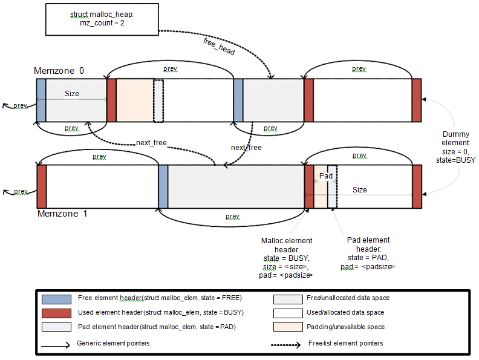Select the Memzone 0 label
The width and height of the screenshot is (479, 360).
(x=59, y=71)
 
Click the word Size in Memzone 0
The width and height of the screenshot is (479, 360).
(x=72, y=94)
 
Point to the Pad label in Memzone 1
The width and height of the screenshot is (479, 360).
(x=326, y=175)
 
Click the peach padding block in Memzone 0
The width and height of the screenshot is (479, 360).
(x=134, y=100)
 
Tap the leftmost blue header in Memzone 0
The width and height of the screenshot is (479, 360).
(x=41, y=100)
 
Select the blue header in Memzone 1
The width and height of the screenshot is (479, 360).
(x=163, y=186)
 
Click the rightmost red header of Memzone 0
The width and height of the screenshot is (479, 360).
(x=416, y=100)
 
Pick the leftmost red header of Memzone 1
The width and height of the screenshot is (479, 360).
(x=42, y=186)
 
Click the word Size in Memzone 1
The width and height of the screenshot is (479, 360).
(x=359, y=190)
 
